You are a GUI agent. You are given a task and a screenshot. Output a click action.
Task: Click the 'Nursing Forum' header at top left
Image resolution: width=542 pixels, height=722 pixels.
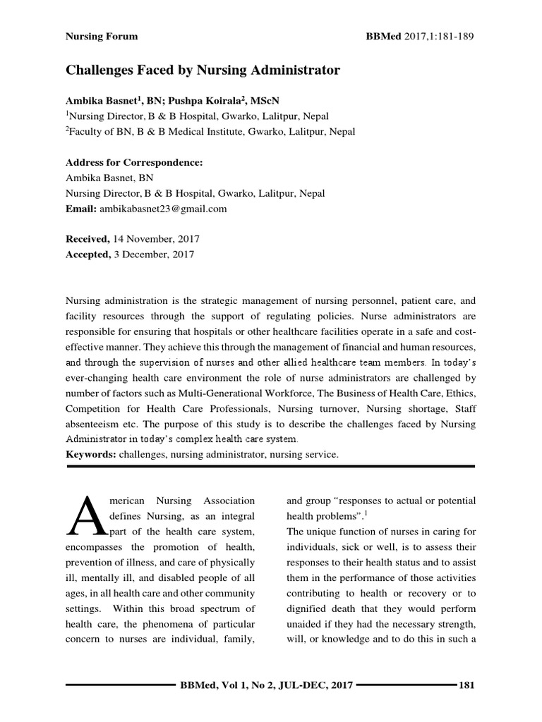click(102, 36)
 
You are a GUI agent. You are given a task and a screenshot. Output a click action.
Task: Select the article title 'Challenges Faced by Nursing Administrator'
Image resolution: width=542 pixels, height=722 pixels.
click(203, 70)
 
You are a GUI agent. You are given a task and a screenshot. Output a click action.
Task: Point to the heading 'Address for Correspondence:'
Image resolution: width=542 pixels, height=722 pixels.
click(134, 162)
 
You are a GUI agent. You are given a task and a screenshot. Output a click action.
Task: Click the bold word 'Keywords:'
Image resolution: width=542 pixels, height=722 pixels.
click(91, 455)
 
